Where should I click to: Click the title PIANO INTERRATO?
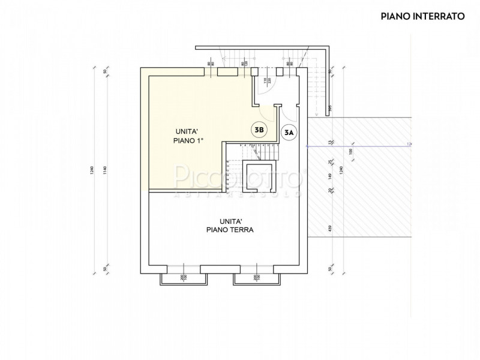pos(422,16)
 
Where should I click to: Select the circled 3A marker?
pos(290,131)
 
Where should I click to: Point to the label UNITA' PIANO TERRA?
pos(223,224)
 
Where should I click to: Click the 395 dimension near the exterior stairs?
pos(329,109)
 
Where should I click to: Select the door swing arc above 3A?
pos(290,114)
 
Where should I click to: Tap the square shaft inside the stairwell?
pos(258,172)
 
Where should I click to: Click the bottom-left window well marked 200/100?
pos(183,278)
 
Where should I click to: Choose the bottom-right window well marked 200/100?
pos(257,278)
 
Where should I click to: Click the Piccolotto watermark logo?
pos(240,180)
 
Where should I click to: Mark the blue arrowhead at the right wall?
pos(308,145)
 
